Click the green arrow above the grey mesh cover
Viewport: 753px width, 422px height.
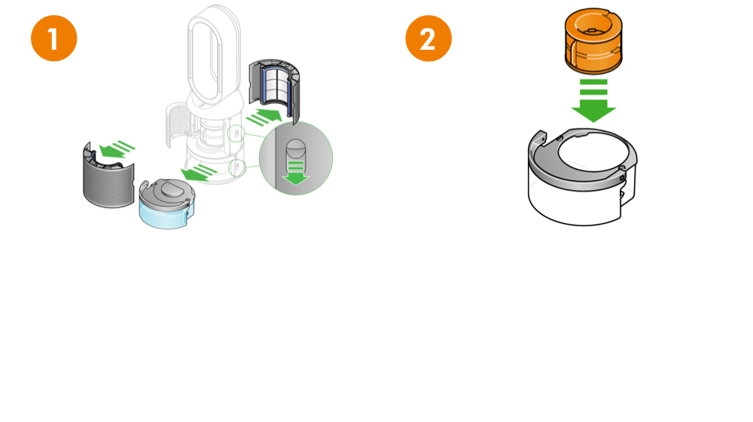click(116, 148)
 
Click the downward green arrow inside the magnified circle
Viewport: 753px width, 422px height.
click(296, 173)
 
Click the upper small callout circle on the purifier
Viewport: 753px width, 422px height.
click(236, 134)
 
